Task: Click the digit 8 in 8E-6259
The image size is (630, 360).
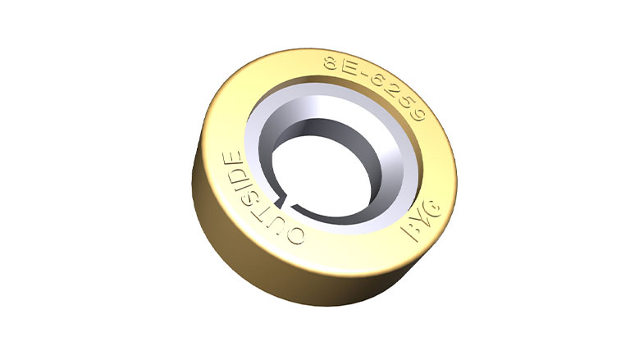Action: coord(332,62)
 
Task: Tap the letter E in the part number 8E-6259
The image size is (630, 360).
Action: coord(351,67)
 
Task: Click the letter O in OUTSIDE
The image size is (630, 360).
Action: coord(295,236)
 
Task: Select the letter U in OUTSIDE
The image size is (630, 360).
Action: coord(276,221)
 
